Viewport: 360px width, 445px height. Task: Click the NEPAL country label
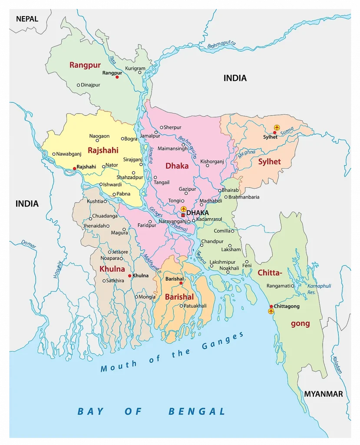pos(27,19)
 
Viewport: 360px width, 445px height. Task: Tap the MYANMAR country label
pos(323,394)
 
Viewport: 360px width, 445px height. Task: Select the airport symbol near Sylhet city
pos(277,127)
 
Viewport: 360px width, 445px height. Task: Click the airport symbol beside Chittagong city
pos(271,311)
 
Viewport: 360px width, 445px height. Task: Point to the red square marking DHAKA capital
pos(183,215)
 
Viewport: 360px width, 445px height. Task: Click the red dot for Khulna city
pos(129,276)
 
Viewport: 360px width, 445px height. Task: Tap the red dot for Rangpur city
pos(117,77)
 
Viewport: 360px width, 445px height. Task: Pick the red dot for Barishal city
pos(181,283)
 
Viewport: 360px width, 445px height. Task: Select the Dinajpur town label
pos(90,85)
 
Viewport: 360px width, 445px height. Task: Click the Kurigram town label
pos(135,69)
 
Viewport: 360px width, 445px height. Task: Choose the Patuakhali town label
pos(196,306)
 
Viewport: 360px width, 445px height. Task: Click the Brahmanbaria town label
pos(244,197)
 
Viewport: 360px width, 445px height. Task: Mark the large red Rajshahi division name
pos(103,150)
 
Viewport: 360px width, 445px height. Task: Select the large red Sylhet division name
pos(269,162)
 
